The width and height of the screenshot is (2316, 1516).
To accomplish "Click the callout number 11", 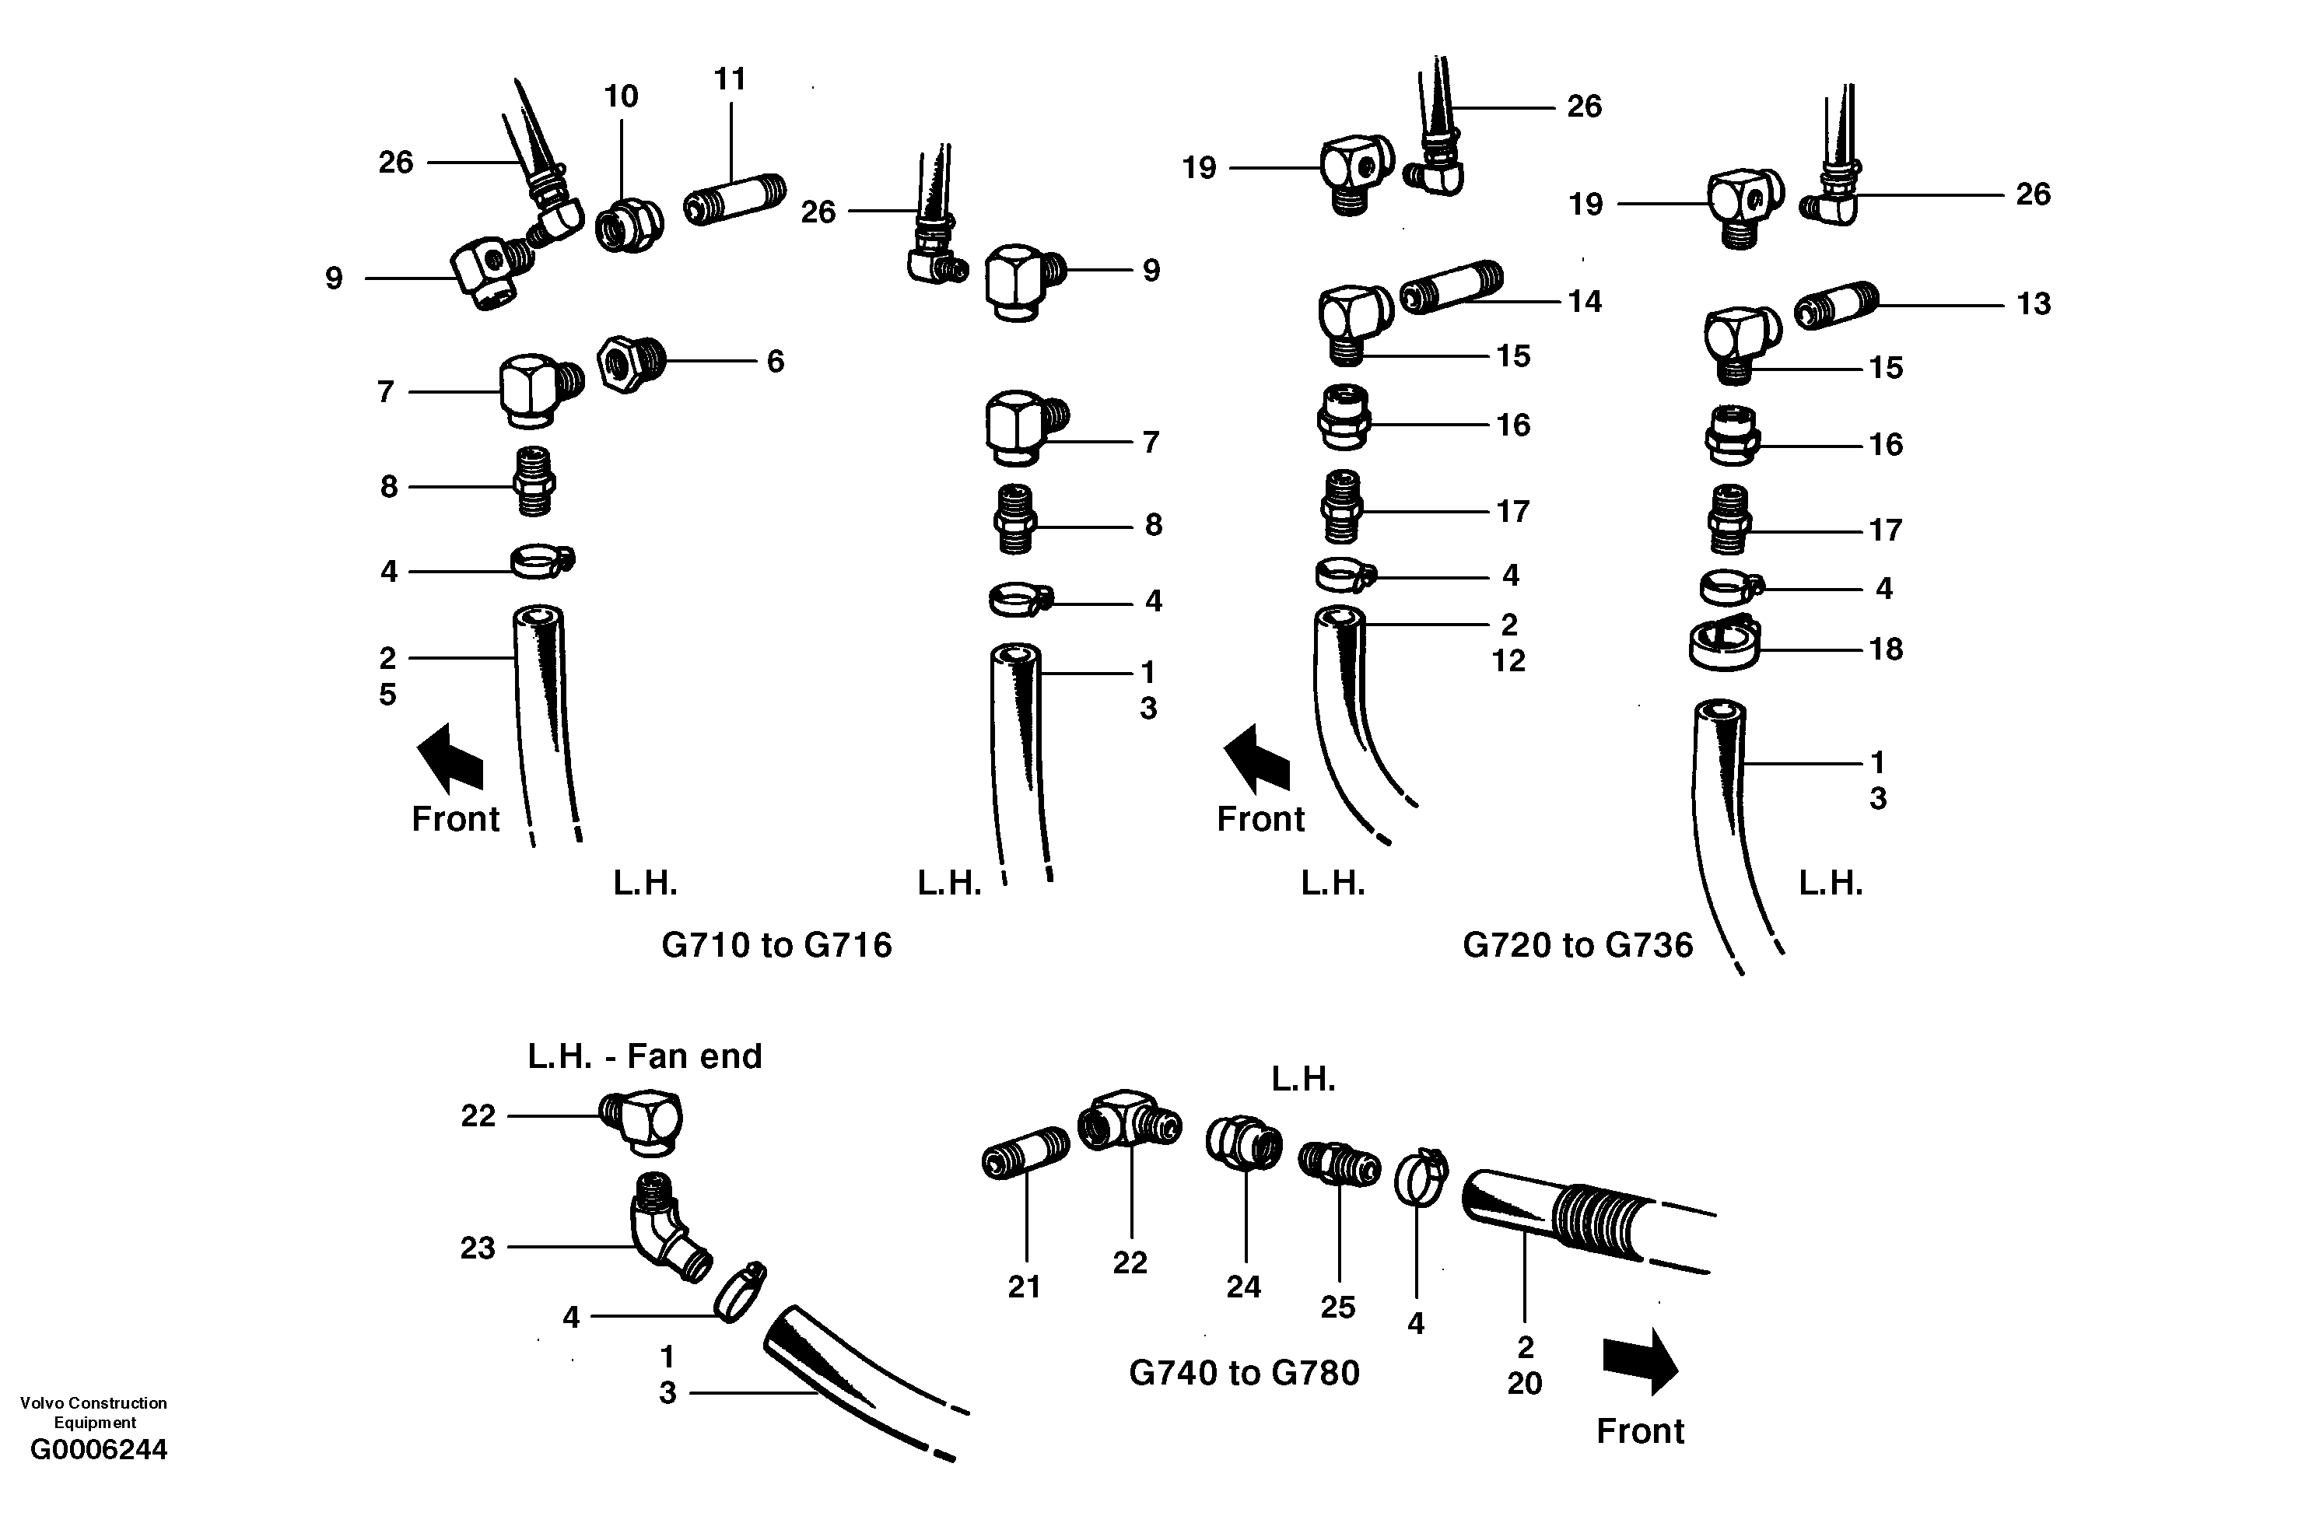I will (x=730, y=79).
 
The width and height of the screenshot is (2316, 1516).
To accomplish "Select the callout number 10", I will (x=621, y=96).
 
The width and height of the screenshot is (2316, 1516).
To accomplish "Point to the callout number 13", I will (x=2033, y=303).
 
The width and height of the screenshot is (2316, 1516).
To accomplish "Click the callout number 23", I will (x=478, y=1248).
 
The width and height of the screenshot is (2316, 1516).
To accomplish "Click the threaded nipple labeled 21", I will (x=1025, y=1151).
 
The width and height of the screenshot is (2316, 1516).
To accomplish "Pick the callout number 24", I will (x=1244, y=1287).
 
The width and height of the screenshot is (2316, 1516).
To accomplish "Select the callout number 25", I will (x=1338, y=1307).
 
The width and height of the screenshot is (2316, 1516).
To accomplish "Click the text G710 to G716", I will (x=776, y=945).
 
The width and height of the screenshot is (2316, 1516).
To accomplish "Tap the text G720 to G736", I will (x=1578, y=945).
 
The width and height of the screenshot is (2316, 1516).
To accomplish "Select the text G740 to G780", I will (x=1244, y=1372).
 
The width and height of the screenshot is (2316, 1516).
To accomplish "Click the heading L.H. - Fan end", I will (x=644, y=1056).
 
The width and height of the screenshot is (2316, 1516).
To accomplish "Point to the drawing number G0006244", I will (x=100, y=1450).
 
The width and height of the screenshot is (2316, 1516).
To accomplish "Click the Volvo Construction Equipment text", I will (x=93, y=1412).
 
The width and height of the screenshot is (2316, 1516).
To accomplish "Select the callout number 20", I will (x=1525, y=1383).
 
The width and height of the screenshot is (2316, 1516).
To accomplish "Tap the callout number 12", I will (x=1508, y=660).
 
